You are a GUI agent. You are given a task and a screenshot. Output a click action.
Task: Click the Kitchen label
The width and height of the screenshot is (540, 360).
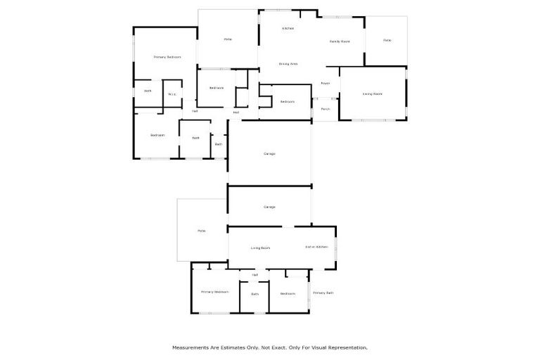(288, 28)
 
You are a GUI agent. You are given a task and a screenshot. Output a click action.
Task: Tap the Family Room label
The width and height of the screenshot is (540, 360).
(340, 41)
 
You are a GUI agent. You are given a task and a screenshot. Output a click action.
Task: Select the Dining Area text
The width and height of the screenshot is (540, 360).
(288, 64)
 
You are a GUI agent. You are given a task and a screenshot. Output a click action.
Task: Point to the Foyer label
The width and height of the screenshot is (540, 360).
(326, 84)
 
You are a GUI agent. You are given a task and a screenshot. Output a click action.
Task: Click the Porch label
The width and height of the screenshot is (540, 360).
(326, 109)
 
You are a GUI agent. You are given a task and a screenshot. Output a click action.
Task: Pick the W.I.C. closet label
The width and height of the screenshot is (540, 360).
(172, 94)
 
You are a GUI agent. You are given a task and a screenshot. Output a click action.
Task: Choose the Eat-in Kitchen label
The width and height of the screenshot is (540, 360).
(316, 247)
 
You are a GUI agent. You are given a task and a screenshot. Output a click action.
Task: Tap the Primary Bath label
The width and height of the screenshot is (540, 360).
(323, 292)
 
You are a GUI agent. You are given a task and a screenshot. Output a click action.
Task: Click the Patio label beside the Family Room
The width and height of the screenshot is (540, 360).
(387, 40)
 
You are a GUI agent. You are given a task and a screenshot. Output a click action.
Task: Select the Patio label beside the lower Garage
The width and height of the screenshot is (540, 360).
(201, 231)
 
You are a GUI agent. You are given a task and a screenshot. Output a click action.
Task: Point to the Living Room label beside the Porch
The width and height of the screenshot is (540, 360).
(372, 94)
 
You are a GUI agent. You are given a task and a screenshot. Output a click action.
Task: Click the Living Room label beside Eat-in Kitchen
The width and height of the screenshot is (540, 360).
(261, 247)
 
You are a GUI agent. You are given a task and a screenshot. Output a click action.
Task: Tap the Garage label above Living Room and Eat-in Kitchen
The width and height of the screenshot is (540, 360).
(269, 207)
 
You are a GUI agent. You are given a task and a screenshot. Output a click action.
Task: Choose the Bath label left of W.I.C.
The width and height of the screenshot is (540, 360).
(148, 91)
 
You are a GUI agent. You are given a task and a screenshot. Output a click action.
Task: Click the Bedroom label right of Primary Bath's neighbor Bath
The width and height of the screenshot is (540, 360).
(288, 293)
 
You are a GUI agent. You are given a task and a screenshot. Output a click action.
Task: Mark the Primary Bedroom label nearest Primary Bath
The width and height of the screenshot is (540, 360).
(215, 292)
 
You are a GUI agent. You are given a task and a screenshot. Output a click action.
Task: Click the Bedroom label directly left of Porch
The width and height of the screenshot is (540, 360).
(287, 102)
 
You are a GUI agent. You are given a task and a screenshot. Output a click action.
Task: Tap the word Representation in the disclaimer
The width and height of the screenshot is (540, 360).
(347, 347)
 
